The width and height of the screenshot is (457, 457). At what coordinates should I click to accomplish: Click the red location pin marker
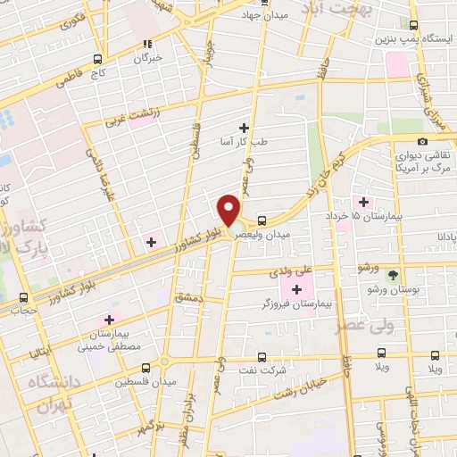[x=229, y=212]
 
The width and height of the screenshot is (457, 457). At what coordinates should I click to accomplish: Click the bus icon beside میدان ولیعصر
[x=262, y=221]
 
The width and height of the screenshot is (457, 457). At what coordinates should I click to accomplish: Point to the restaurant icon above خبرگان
[x=149, y=42]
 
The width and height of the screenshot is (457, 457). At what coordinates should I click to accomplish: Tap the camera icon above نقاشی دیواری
[x=422, y=141]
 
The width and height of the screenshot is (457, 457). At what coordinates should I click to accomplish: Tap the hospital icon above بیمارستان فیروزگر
[x=296, y=288]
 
